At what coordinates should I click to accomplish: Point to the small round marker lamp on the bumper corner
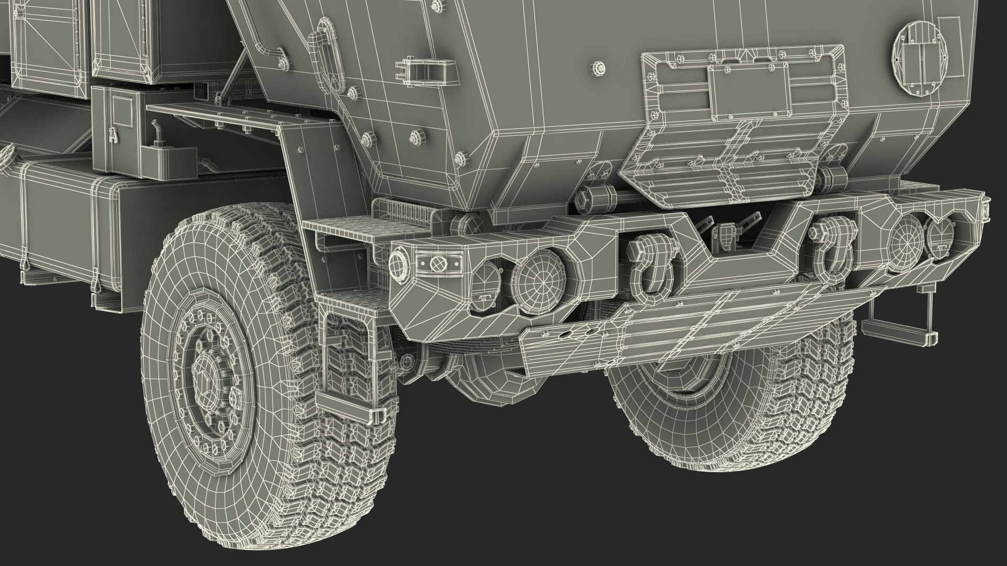pos(399,261)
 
